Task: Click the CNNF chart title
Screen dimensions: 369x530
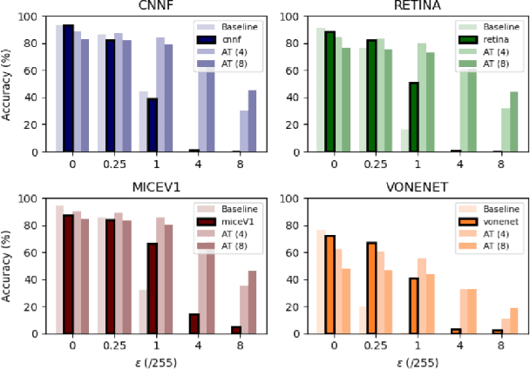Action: [151, 8]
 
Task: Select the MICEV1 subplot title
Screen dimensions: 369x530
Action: [151, 190]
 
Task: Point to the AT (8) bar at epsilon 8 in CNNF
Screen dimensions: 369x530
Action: [251, 121]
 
